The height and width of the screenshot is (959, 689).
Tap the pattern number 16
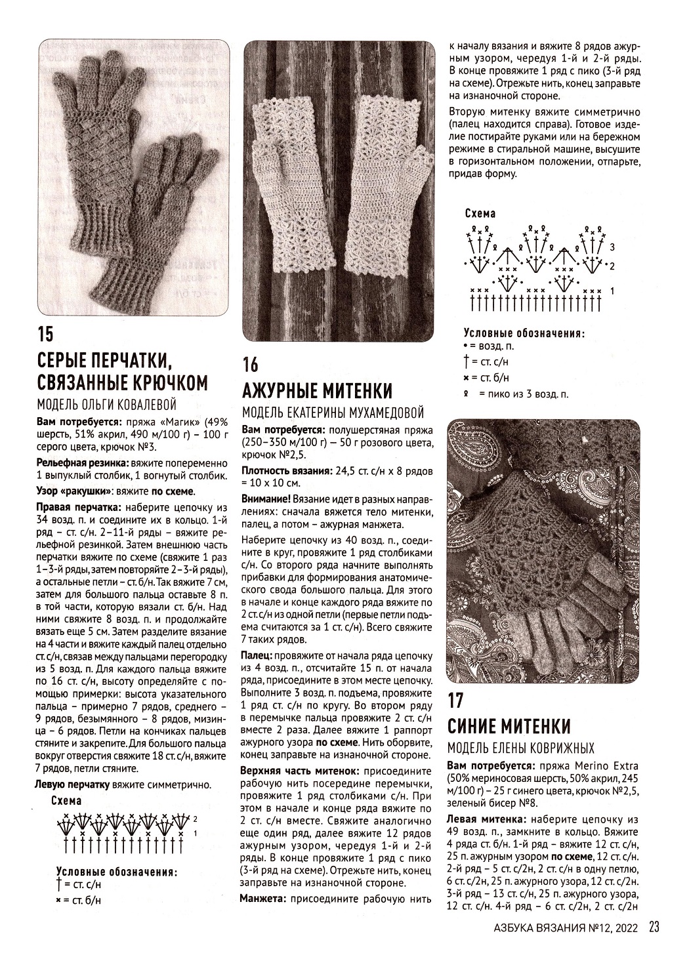pyautogui.click(x=251, y=365)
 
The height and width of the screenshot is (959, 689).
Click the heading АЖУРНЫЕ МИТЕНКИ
pyautogui.click(x=318, y=392)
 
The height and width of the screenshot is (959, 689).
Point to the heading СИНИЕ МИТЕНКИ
pyautogui.click(x=509, y=726)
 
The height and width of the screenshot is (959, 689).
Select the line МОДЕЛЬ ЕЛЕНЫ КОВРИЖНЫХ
pyautogui.click(x=520, y=748)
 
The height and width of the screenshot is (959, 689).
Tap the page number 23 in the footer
pyautogui.click(x=654, y=927)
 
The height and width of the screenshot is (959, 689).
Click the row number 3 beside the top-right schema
pyautogui.click(x=612, y=247)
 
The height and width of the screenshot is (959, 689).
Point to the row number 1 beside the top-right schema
pyautogui.click(x=612, y=290)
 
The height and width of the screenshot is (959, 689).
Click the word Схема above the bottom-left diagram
pyautogui.click(x=66, y=800)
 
